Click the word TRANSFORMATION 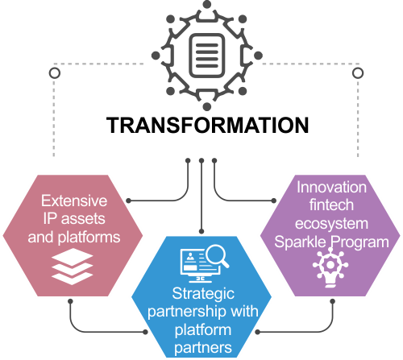pyautogui.click(x=207, y=125)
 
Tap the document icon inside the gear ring pyautogui.click(x=207, y=56)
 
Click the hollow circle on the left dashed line pyautogui.click(x=55, y=73)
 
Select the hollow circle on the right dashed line pyautogui.click(x=358, y=73)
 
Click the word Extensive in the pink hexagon pyautogui.click(x=74, y=201)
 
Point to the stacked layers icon pyautogui.click(x=73, y=267)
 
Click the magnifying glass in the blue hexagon pyautogui.click(x=217, y=256)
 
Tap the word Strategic pyautogui.click(x=203, y=294)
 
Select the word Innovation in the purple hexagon pyautogui.click(x=331, y=187)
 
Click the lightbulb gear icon pyautogui.click(x=330, y=267)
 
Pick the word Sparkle pyautogui.click(x=300, y=242)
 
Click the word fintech pyautogui.click(x=331, y=205)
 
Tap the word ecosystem pyautogui.click(x=331, y=224)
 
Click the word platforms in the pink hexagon pyautogui.click(x=89, y=238)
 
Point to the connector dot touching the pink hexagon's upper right pyautogui.click(x=128, y=201)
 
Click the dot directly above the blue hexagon pyautogui.click(x=201, y=231)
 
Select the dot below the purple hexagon pyautogui.click(x=332, y=301)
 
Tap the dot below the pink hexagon pyautogui.click(x=70, y=301)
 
